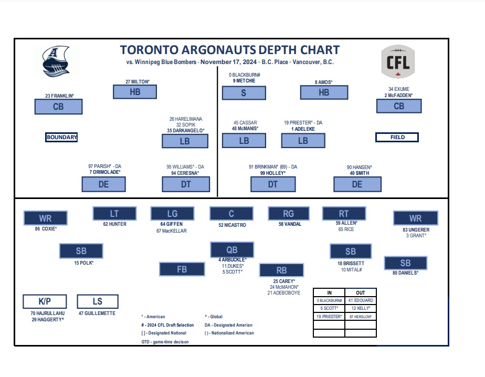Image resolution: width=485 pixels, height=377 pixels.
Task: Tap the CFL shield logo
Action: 398,61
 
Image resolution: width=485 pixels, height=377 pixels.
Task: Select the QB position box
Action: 232,250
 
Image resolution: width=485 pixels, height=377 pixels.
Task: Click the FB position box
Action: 182,269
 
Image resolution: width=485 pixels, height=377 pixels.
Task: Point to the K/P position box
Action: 45,301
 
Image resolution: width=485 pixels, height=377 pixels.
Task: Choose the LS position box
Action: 97,301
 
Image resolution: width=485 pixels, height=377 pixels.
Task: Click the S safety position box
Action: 243,93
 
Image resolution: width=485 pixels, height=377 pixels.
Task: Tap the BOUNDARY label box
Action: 62,138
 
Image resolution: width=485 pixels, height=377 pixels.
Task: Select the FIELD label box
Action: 397,138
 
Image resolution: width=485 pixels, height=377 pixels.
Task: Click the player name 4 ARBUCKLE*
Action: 233,259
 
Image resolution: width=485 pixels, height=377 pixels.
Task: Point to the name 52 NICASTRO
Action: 232,225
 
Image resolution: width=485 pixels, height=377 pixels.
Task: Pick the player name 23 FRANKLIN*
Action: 59,96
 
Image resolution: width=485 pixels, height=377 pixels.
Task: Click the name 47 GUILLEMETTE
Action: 97,313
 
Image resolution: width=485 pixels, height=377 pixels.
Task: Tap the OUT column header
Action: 360,292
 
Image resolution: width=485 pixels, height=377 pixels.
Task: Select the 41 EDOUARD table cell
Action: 360,300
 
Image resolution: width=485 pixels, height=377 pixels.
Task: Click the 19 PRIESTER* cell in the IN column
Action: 329,317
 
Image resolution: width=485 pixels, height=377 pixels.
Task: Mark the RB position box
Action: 281,270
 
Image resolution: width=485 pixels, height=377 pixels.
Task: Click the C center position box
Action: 232,213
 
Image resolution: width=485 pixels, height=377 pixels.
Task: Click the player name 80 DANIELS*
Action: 405,273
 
